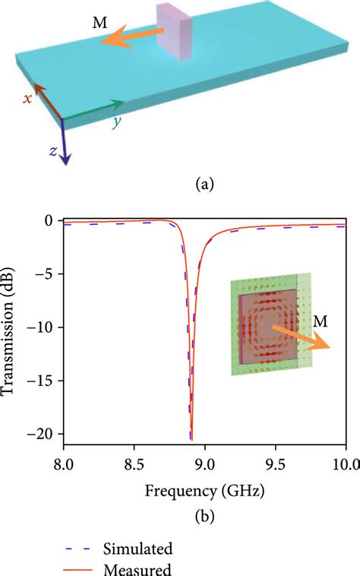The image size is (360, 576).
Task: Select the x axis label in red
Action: [x=27, y=99]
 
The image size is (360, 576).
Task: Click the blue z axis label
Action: [x=52, y=150]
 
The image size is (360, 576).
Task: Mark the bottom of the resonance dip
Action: [x=191, y=438]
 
